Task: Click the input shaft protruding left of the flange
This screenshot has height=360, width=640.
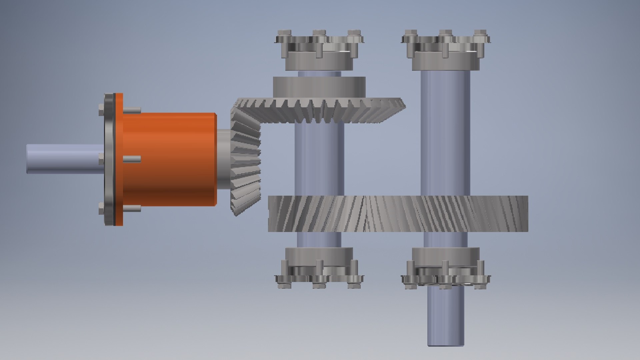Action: pyautogui.click(x=63, y=159)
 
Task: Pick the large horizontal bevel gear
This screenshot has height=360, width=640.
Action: pyautogui.click(x=320, y=110)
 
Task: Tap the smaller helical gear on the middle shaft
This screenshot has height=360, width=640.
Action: pyautogui.click(x=317, y=214)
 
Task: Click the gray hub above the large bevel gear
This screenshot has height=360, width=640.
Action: pyautogui.click(x=319, y=87)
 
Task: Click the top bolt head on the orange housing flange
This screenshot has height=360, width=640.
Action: pyautogui.click(x=101, y=110)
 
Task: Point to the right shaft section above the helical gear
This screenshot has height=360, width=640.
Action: pyautogui.click(x=445, y=133)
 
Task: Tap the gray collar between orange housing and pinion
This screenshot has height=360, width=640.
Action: pyautogui.click(x=222, y=159)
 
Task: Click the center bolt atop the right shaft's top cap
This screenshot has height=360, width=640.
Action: pyautogui.click(x=445, y=33)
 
